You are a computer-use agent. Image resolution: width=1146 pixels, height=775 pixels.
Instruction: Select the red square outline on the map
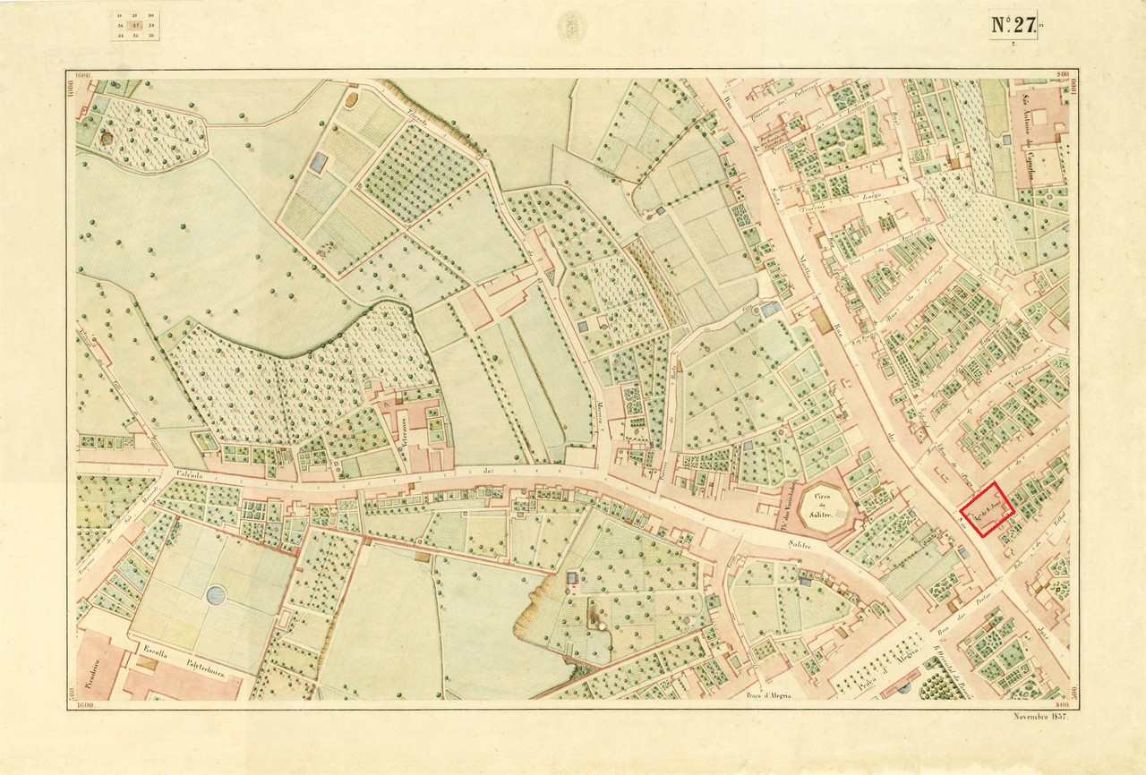[x=987, y=510]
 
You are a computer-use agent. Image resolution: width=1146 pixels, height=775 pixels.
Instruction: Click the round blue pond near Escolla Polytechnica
[x=216, y=594]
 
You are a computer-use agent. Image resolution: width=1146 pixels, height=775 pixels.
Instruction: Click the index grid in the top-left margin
[x=136, y=26]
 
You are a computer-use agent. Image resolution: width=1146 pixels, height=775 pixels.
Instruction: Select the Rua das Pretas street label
[x=969, y=613]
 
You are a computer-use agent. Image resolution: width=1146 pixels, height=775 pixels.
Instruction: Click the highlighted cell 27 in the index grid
[x=136, y=26]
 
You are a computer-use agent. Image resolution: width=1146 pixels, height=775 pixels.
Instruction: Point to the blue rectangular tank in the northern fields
[x=319, y=162]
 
